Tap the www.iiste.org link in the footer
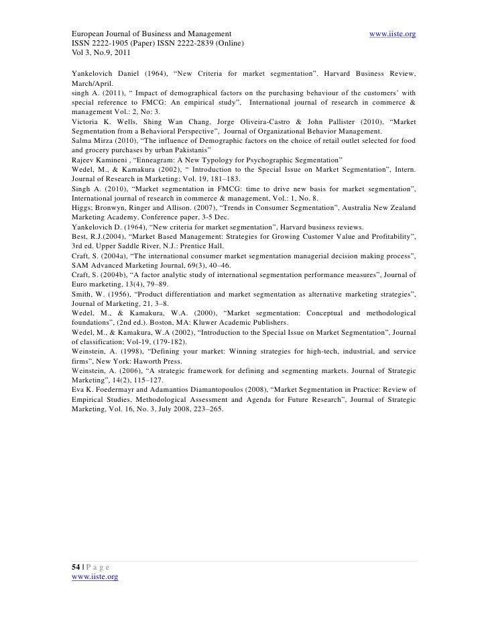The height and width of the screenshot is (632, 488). coord(95,576)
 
